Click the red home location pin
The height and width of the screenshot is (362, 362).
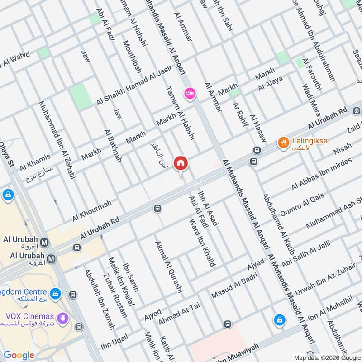181,162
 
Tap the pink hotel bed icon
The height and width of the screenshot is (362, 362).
190,94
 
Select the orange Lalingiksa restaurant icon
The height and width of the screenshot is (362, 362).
284,142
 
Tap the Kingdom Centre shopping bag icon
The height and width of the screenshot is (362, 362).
55,294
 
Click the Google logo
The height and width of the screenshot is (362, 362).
19,355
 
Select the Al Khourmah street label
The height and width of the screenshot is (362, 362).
91,211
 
